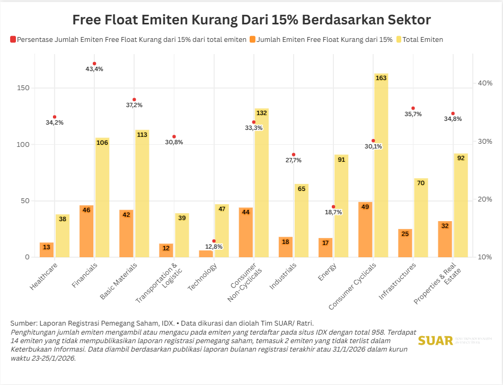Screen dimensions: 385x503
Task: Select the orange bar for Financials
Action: (x=86, y=231)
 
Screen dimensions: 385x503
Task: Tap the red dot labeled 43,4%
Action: (x=94, y=64)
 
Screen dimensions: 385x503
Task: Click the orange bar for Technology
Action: (x=206, y=254)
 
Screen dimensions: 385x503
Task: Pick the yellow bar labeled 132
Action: (x=261, y=183)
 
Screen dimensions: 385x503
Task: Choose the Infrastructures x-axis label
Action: (x=397, y=281)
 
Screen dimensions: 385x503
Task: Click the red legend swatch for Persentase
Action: (x=13, y=39)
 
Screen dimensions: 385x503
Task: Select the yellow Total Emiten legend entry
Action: (x=422, y=39)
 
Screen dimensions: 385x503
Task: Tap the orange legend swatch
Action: (x=252, y=39)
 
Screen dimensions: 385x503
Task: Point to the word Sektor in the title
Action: (x=405, y=20)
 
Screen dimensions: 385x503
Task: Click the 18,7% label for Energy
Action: (x=333, y=212)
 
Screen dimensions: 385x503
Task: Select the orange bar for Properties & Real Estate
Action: (x=445, y=239)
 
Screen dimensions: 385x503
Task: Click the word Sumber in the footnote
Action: (x=24, y=323)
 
